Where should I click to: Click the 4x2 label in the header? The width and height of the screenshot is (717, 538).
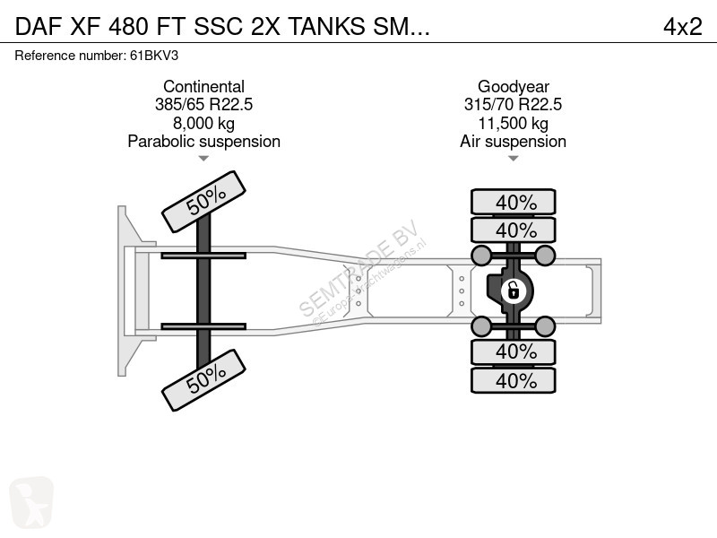(x=682, y=27)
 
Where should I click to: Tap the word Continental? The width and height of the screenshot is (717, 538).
(x=203, y=87)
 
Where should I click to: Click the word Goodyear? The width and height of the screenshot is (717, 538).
(x=513, y=87)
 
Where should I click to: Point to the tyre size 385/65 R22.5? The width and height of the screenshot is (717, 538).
(x=203, y=105)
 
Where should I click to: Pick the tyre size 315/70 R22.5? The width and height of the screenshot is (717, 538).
(x=513, y=105)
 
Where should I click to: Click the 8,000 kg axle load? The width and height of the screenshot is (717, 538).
(x=203, y=123)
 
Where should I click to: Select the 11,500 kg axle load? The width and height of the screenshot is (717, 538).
(x=513, y=123)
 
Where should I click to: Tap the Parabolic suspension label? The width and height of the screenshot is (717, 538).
(x=203, y=142)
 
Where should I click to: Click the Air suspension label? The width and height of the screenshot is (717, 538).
(x=513, y=142)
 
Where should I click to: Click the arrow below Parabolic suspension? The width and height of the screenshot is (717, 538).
(x=203, y=159)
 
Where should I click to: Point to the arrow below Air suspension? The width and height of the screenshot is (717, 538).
(x=513, y=159)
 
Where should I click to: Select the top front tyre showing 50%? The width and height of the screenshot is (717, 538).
(x=203, y=203)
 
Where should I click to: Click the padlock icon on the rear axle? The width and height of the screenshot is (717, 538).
(x=513, y=290)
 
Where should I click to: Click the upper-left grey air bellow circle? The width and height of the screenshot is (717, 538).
(x=481, y=256)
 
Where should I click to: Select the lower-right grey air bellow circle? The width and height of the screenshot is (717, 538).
(x=546, y=325)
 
